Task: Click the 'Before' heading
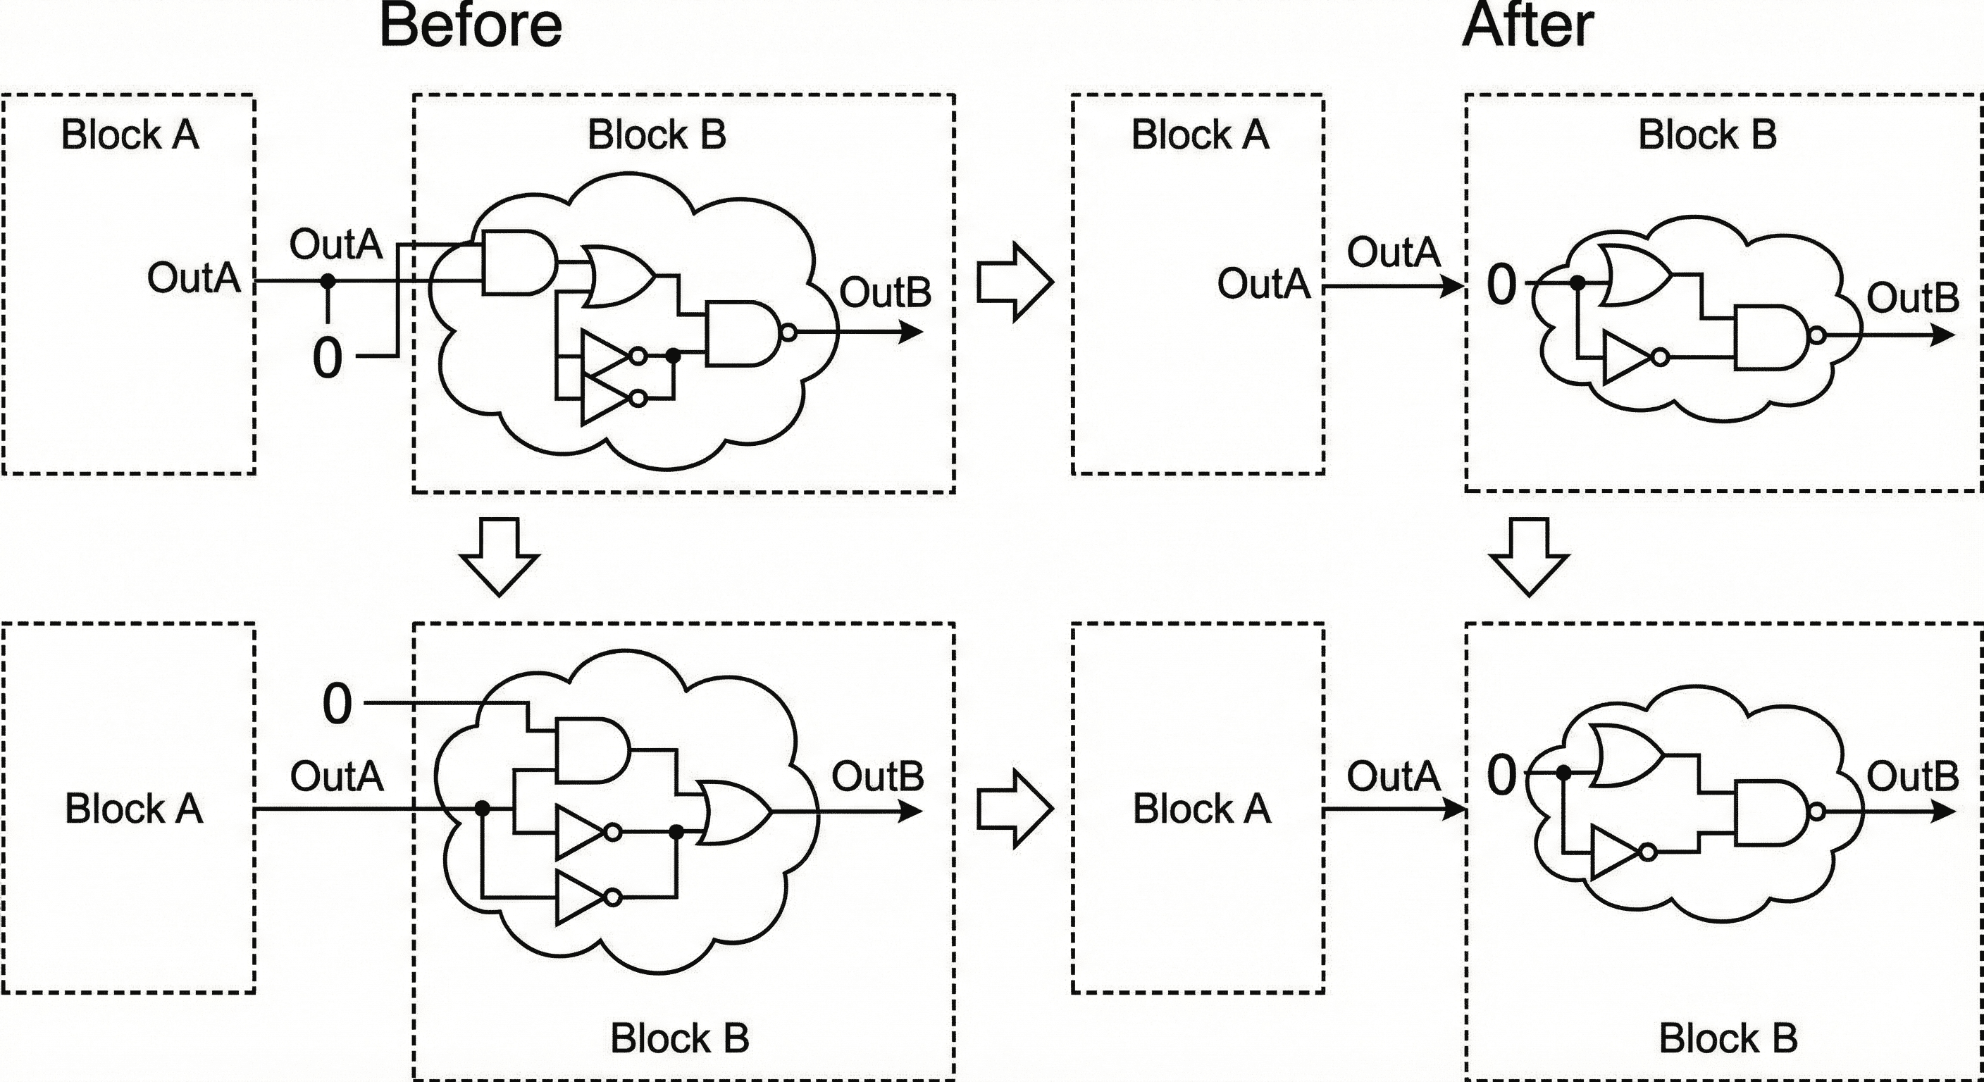(471, 26)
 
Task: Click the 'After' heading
(1527, 26)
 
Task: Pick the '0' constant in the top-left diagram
(328, 358)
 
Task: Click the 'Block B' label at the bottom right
(1728, 1038)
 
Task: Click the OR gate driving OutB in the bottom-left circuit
(733, 812)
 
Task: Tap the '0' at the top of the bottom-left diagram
(337, 704)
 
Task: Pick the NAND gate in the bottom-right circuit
(1771, 811)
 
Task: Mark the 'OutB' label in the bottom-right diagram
(1912, 776)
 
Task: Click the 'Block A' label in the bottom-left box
(133, 809)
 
